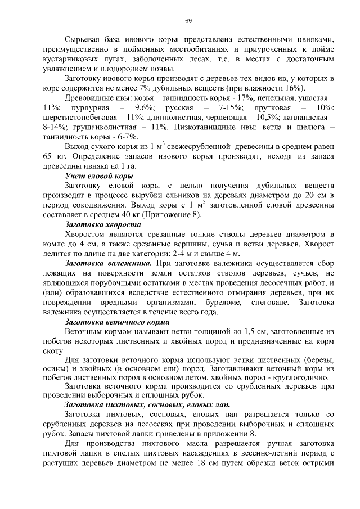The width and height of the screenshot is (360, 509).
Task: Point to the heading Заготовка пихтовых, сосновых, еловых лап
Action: [147, 404]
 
